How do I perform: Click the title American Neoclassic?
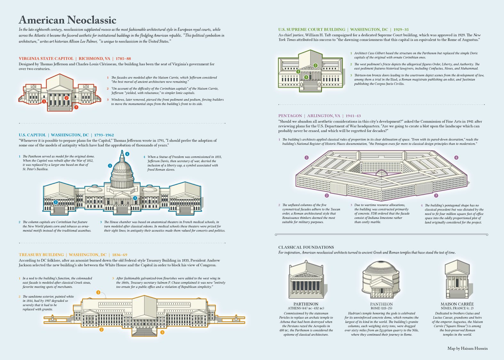point(68,20)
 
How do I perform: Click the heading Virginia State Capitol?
point(46,59)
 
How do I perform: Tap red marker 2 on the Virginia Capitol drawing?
point(66,98)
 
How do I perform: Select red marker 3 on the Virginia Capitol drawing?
point(76,107)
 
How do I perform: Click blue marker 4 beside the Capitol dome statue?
point(127,154)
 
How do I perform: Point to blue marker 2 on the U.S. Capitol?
point(56,202)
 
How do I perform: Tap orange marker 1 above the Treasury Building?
point(98,292)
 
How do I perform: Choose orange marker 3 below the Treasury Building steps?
point(162,332)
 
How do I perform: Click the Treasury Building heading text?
point(41,255)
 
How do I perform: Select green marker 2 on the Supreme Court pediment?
point(316,65)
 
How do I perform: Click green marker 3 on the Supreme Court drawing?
point(306,77)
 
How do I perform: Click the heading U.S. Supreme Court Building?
point(312,29)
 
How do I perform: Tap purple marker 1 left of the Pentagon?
point(307,157)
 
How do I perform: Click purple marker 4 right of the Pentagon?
point(456,157)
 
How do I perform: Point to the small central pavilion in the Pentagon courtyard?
point(381,173)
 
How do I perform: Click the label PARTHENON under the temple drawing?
point(306,304)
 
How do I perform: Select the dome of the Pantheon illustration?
point(381,268)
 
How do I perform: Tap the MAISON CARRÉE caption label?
point(457,304)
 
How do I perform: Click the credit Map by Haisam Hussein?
point(468,348)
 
